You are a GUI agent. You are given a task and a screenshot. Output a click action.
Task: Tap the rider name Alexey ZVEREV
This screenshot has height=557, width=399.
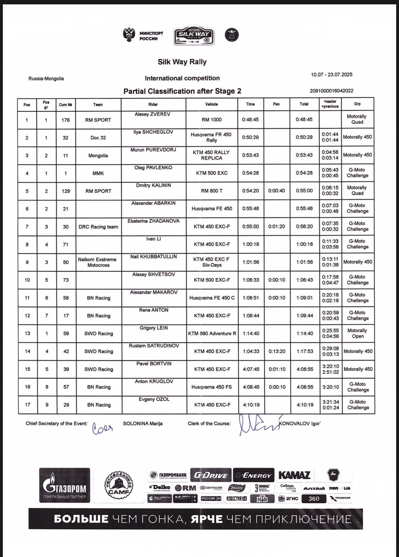point(152,114)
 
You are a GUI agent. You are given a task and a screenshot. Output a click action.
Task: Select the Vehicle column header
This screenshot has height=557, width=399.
point(212,104)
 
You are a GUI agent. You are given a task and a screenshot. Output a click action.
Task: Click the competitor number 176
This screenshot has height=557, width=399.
point(66,120)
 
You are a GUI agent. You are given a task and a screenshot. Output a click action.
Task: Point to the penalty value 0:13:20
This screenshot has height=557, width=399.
point(277,351)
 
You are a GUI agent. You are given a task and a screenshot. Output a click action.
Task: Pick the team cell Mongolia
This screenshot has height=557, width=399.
point(98,156)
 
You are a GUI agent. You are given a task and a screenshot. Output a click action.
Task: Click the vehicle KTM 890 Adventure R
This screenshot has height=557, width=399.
point(212,333)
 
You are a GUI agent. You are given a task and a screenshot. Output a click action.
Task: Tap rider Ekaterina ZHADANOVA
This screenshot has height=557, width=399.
point(153,221)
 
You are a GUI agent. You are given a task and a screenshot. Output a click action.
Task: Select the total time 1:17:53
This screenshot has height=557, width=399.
point(305,351)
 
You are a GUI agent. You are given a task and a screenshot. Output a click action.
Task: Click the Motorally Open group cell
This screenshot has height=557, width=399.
point(358,333)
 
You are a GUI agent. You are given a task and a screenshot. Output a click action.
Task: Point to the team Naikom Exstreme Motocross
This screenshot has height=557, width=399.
point(97,262)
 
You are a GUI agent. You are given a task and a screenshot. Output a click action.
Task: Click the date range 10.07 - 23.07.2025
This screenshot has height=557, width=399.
point(332,75)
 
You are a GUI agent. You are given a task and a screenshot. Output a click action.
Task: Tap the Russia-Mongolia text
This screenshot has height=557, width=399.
point(46,79)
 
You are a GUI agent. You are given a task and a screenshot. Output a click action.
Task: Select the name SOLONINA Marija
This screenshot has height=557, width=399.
point(143,424)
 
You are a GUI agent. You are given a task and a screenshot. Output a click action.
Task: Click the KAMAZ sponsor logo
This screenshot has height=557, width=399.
point(294,475)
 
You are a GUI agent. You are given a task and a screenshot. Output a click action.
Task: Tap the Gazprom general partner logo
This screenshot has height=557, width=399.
point(65,485)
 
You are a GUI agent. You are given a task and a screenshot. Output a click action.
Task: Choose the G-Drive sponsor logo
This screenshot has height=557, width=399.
point(211,475)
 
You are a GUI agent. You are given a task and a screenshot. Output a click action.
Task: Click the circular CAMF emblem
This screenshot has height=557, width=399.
point(118,486)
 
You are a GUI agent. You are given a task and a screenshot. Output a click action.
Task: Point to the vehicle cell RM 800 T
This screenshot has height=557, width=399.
point(212,191)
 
